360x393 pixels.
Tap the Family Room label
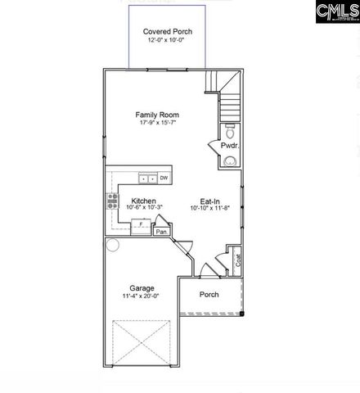point(157,115)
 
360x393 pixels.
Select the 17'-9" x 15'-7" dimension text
point(157,124)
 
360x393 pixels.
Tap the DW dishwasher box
point(164,178)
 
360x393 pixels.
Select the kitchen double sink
point(147,178)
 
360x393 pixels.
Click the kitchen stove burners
point(112,202)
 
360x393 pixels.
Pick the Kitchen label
point(144,201)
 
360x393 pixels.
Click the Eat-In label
point(209,201)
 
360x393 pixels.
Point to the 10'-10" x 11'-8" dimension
point(209,209)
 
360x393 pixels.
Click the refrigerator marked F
point(140,224)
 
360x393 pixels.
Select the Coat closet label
point(237,260)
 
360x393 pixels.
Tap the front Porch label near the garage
point(209,295)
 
